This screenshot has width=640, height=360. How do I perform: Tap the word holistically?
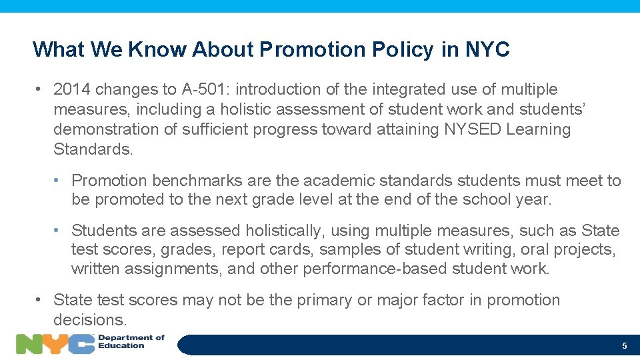pos(285,231)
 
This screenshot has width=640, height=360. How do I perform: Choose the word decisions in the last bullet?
pos(89,320)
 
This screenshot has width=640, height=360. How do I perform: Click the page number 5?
pos(624,346)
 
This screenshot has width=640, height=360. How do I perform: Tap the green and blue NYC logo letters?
pos(55,344)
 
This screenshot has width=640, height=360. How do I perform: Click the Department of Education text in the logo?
pos(131,341)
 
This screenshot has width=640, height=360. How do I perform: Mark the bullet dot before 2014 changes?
pos(41,89)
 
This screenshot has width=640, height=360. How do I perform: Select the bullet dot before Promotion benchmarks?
pos(59,181)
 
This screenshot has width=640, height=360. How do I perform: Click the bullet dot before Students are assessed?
pos(59,231)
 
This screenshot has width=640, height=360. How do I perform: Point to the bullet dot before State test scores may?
pos(41,300)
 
